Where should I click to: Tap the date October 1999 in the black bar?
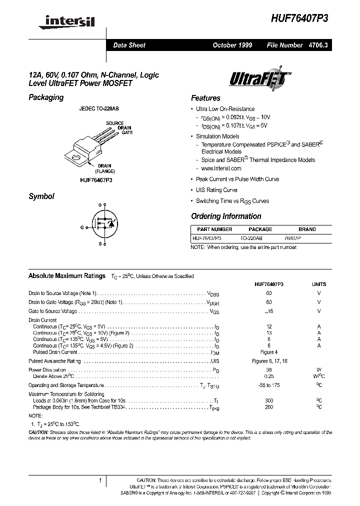[232, 45]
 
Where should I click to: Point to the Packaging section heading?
[46, 97]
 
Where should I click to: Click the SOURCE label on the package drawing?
[114, 123]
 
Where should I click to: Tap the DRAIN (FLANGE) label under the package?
[104, 168]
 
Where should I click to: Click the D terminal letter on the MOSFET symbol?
[99, 205]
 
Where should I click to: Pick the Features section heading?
[205, 98]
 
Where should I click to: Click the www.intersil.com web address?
[221, 169]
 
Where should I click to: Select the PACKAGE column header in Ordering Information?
[260, 229]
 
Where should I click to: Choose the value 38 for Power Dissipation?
[269, 370]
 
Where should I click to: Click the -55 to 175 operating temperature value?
[269, 385]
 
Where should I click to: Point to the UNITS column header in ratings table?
[318, 284]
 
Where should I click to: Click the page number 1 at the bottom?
[100, 480]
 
